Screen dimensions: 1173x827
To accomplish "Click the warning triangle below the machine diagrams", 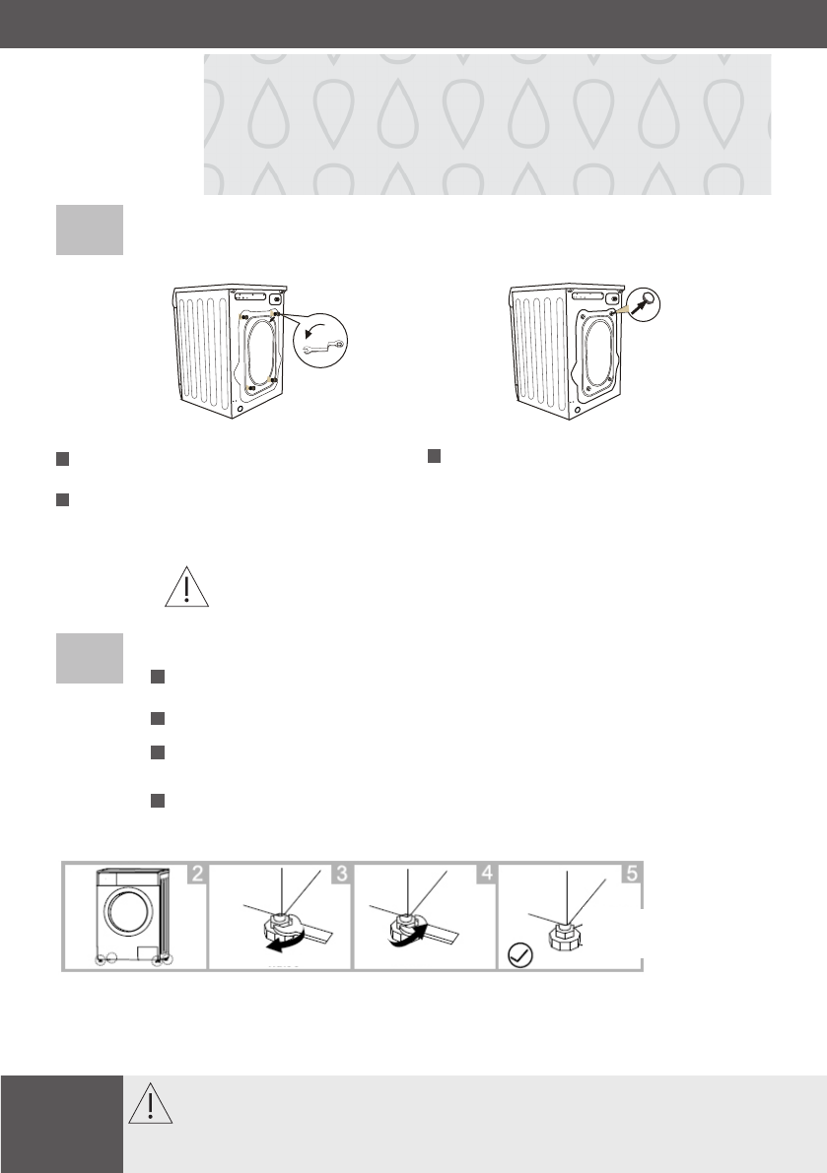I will pos(187,587).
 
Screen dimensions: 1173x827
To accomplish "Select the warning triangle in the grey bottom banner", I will pos(151,1104).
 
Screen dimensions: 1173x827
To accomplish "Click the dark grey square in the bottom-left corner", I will pos(61,1124).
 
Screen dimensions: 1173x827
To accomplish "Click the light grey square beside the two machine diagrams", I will pos(90,229).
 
